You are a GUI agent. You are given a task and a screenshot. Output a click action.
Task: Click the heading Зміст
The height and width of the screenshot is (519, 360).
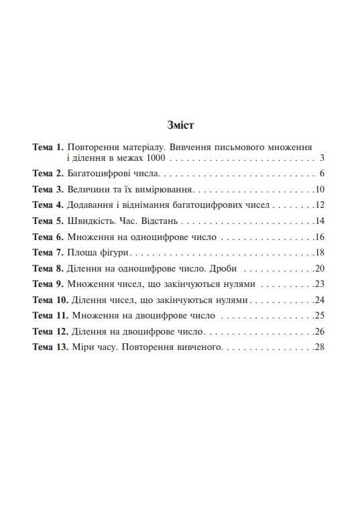[x=180, y=125]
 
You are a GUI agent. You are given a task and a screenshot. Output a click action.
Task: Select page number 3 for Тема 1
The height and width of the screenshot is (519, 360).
[x=322, y=159]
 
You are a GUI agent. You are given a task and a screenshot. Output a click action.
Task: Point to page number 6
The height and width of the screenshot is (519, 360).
[x=322, y=174]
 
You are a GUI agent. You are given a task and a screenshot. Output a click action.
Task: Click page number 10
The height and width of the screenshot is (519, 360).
[x=320, y=189]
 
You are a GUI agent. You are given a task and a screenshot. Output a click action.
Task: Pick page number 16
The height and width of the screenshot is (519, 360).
[x=320, y=237]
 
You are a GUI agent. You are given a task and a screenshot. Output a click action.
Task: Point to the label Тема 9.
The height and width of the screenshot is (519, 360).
[x=48, y=284]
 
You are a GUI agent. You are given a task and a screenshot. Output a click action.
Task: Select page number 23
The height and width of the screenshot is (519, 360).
[x=320, y=284]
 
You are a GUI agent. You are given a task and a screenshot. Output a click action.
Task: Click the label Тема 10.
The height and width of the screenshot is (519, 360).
[x=50, y=300]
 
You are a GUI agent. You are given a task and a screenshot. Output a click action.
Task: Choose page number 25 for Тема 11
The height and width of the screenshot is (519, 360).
[x=320, y=316]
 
